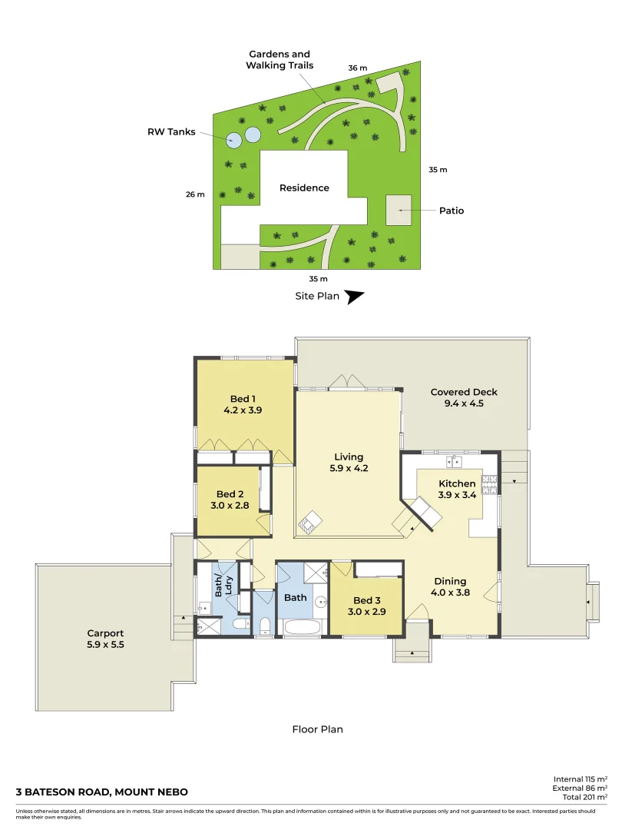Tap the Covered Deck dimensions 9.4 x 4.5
pos(464,403)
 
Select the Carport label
pos(106,634)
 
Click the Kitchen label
pos(457,483)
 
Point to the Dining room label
pos(450,581)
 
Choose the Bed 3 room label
pos(366,600)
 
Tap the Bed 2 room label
pos(230,494)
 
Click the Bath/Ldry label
pos(223,587)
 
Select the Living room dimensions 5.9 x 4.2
pos(349,469)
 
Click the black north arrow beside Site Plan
pos(354,297)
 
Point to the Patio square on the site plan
pos(399,210)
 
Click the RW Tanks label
pos(171,131)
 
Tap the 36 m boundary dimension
pos(357,68)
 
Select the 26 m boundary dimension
pos(195,194)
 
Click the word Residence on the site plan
pos(304,188)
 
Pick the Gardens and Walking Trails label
pos(279,60)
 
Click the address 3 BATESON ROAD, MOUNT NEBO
pos(102,792)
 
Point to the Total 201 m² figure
pos(580,798)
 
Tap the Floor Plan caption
pos(317,729)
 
